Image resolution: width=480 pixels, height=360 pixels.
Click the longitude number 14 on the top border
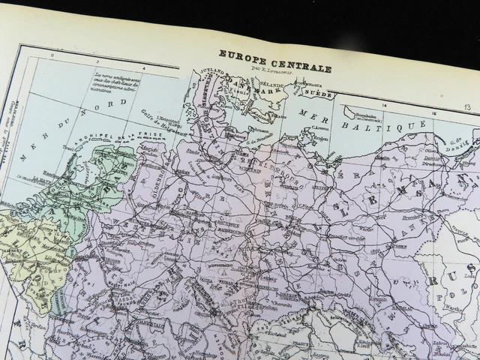(385, 106)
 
